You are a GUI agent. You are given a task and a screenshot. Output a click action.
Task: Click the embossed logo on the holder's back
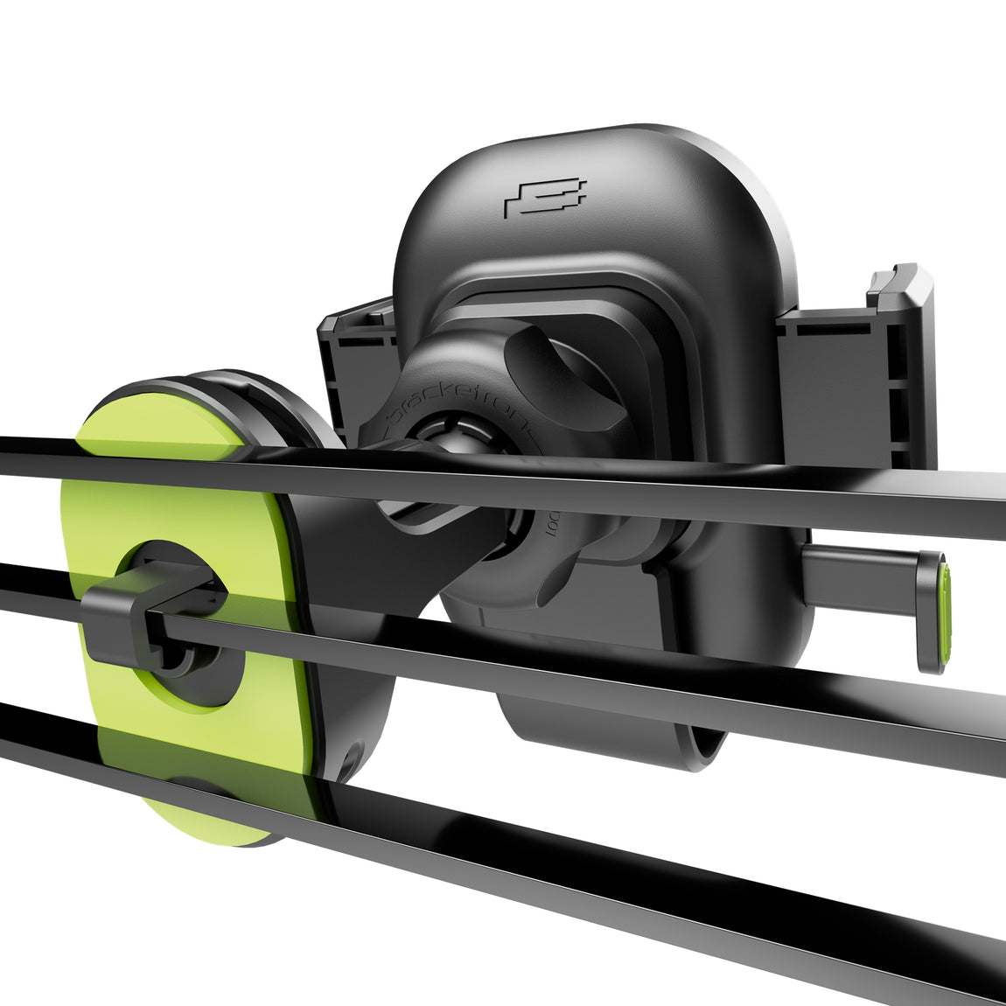coord(545,199)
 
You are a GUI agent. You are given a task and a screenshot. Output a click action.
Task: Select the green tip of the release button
coord(943,613)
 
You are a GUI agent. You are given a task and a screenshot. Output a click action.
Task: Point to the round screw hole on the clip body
coord(353,756)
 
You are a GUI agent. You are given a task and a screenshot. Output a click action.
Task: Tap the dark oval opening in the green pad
coord(188,630)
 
